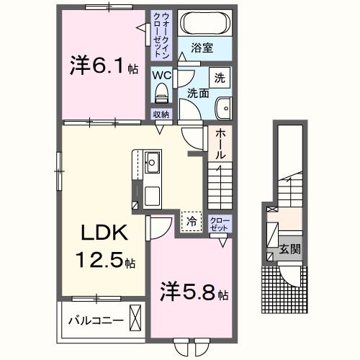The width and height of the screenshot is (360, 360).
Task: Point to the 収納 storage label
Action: (x=161, y=114)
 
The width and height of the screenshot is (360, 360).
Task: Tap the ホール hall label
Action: (x=220, y=143)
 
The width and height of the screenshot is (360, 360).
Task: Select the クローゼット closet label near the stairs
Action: (x=218, y=223)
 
